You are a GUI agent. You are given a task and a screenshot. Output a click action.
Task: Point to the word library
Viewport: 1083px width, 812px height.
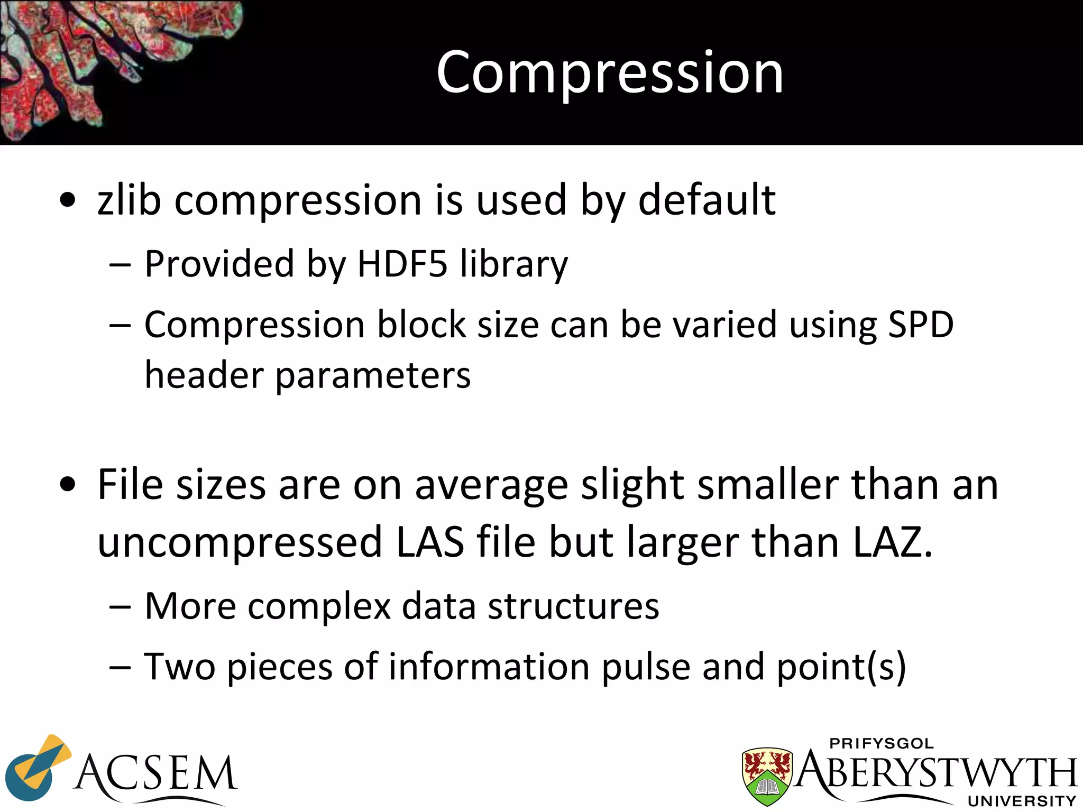(x=513, y=264)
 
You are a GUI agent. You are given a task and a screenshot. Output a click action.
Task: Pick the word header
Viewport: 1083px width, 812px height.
(x=204, y=375)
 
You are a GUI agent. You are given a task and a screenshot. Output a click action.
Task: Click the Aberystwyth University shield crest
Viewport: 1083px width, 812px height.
(x=767, y=774)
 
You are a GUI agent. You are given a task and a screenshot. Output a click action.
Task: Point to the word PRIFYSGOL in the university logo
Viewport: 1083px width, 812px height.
(x=882, y=743)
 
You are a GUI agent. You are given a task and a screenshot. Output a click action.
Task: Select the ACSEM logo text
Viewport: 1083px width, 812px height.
(x=156, y=773)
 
